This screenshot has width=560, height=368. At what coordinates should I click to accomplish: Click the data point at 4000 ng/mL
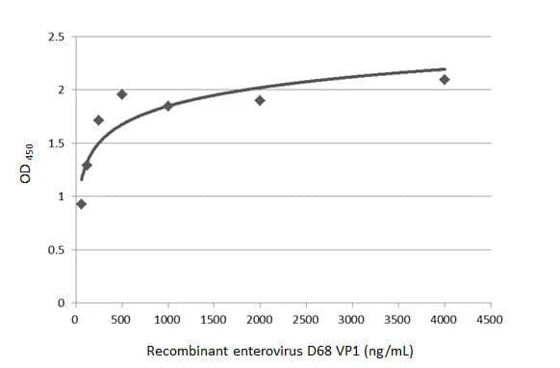pos(444,79)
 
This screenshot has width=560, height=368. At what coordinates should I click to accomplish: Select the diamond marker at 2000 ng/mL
pos(260,100)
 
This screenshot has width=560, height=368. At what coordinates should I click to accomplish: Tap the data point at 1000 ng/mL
pos(167,106)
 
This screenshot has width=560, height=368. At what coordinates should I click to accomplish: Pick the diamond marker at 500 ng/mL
pos(122,94)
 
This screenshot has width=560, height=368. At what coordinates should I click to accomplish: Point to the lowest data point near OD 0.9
pos(81,203)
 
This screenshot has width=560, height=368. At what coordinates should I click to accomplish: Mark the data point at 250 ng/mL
pos(98,120)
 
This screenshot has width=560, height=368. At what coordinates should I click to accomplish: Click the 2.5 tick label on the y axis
pos(57,38)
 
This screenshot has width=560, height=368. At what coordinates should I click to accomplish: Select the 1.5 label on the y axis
pos(57,144)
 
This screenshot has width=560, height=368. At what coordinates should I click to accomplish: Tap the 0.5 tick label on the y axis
pos(57,250)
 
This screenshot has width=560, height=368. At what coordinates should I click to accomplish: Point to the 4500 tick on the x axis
pos(490,319)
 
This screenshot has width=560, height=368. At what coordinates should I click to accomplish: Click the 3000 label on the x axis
pos(352,319)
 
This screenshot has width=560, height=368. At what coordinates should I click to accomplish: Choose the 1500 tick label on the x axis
pos(214,319)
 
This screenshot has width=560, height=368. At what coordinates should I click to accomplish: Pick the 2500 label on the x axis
pos(306,319)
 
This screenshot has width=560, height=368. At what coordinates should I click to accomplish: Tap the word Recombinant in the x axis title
pos(184,351)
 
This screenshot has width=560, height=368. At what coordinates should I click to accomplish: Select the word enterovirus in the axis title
pos(259,351)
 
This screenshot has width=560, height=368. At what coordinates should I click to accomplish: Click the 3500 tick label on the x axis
pos(397,319)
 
